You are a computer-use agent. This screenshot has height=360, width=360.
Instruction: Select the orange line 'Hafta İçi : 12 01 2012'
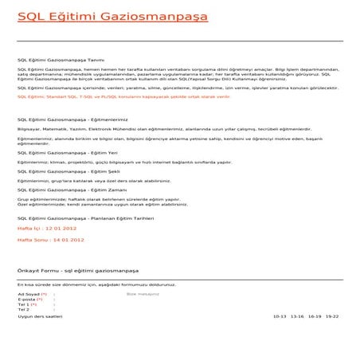(x=50, y=228)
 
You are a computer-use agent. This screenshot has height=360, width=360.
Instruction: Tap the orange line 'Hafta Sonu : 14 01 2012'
(x=51, y=239)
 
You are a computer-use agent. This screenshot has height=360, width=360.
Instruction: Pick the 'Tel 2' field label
(x=23, y=310)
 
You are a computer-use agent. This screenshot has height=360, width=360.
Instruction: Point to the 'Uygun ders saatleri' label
(x=40, y=316)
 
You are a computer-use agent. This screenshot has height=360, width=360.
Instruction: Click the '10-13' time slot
(x=279, y=316)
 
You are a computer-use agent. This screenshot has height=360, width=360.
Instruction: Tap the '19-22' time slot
(x=332, y=316)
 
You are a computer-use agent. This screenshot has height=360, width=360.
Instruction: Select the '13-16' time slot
(x=297, y=316)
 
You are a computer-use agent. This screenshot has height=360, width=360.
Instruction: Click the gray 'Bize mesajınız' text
(x=143, y=294)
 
